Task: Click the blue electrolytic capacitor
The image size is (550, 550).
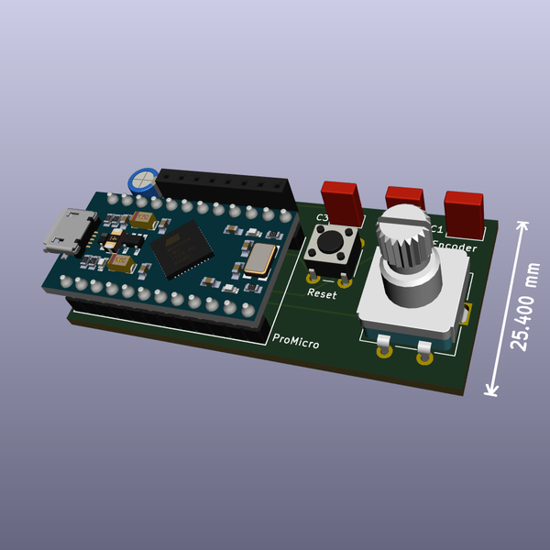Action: pos(142,179)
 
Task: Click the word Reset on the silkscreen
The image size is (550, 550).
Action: pos(322,294)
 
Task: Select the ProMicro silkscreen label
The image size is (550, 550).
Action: pos(296,342)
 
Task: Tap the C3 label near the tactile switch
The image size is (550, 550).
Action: pos(322,218)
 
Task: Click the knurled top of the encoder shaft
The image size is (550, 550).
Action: pos(404,233)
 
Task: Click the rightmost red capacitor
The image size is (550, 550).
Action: pos(465,209)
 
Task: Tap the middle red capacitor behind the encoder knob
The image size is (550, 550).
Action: pos(404,196)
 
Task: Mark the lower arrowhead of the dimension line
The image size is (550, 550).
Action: pos(491,390)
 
